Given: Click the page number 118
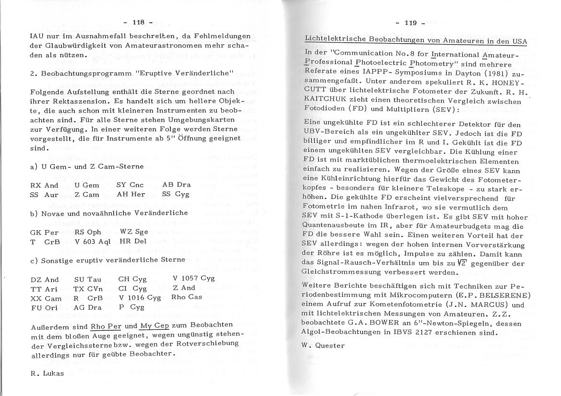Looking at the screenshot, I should point(138,22).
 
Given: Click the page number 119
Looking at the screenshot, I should point(411,22).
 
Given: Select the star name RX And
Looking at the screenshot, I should point(44,185).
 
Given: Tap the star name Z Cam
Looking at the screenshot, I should point(87,194).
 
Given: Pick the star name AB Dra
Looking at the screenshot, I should point(176,185).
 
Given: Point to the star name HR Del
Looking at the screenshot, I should point(132,241).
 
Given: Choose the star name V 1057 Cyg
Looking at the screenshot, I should point(194,278).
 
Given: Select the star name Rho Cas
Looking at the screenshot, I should point(187,297).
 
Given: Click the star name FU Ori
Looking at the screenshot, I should point(44,307).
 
